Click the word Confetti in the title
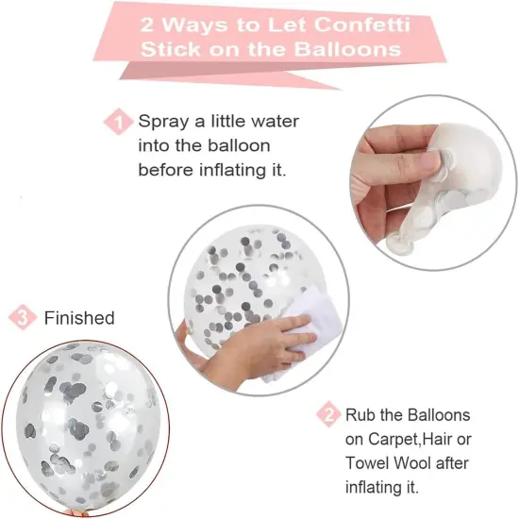[x=362, y=25]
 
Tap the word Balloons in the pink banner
[x=347, y=49]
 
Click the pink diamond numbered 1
[x=118, y=122]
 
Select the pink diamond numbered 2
[x=328, y=413]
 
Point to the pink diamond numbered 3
[x=23, y=317]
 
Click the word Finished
[x=79, y=318]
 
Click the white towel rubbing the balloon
[x=306, y=327]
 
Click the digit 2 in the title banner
[x=147, y=25]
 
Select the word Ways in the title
[x=195, y=25]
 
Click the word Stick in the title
[x=171, y=49]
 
